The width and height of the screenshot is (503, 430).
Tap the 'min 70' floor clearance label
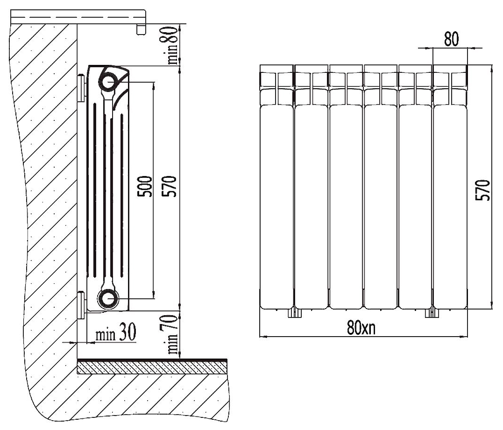click(x=173, y=334)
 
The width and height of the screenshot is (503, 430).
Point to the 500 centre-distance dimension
click(x=145, y=186)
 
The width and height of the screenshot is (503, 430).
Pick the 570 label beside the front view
click(x=483, y=190)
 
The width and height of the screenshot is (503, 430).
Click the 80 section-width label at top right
click(x=451, y=39)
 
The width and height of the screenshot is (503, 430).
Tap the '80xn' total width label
click(x=361, y=327)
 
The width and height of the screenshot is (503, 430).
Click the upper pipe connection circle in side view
click(x=108, y=80)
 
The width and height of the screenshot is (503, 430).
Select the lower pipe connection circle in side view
click(x=108, y=298)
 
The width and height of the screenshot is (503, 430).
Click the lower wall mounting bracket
click(x=81, y=305)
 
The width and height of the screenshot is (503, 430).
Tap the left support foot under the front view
click(x=295, y=312)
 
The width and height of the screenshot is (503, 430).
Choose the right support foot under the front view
click(x=432, y=312)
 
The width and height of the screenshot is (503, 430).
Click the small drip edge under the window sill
click(x=141, y=29)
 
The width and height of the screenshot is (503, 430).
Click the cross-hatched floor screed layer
click(x=152, y=368)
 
